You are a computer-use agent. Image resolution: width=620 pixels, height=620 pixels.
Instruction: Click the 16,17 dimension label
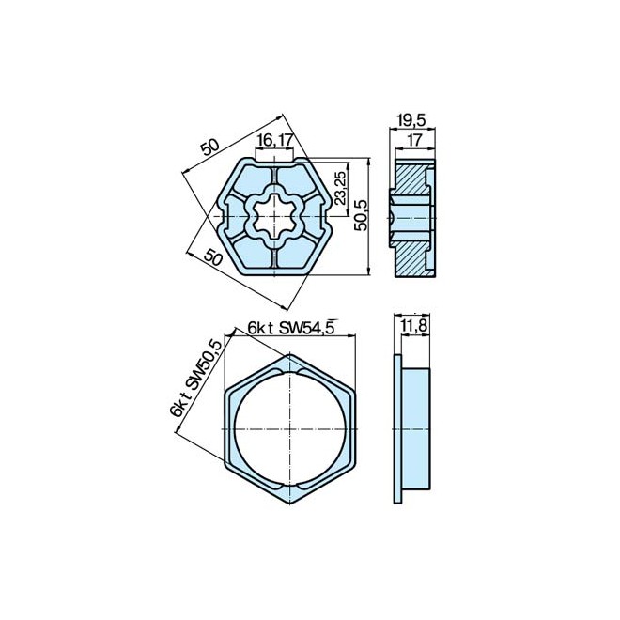point(274,139)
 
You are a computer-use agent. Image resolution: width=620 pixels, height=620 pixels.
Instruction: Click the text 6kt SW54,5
point(291,327)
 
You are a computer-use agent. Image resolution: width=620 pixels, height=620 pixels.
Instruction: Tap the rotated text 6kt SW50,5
point(197,380)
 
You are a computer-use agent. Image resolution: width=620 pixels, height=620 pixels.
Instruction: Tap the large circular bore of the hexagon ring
point(291,428)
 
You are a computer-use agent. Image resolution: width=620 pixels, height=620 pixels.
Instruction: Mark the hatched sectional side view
point(413,216)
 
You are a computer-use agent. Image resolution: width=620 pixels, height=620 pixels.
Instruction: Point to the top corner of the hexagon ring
point(291,354)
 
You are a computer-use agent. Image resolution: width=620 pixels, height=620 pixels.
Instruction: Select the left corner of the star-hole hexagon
point(218,216)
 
